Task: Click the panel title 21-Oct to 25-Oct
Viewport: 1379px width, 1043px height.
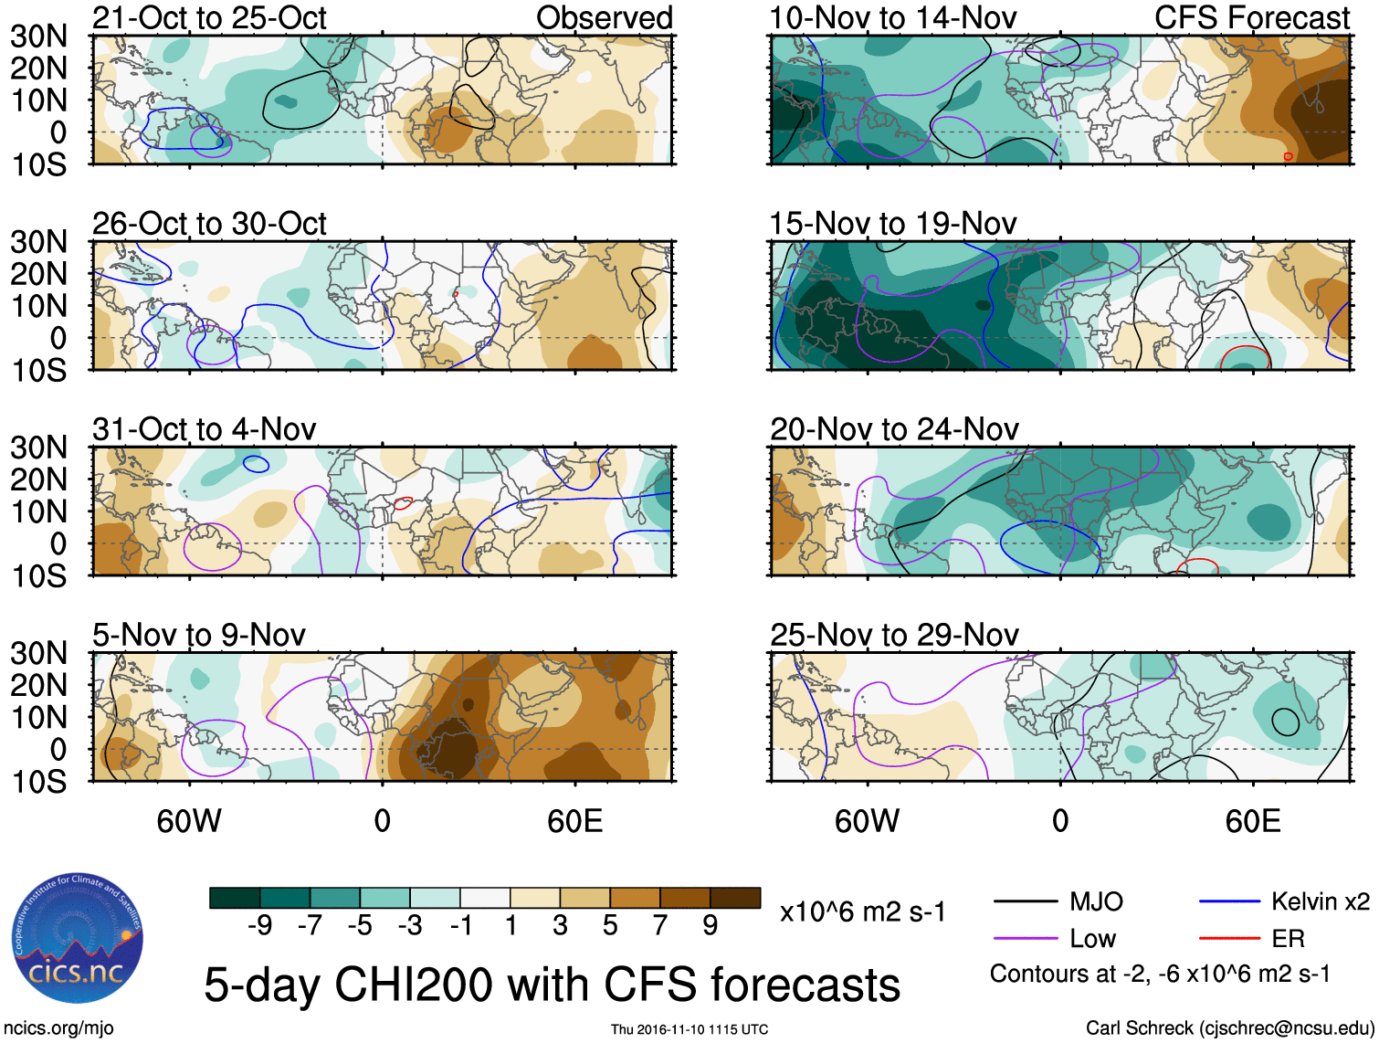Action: click(209, 18)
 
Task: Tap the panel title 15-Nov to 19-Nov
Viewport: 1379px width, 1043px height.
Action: click(892, 224)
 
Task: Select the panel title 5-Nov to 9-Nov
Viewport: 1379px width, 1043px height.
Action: click(199, 635)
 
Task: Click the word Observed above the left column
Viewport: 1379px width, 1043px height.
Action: click(604, 18)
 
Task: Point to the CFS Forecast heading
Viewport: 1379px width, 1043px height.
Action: click(1251, 18)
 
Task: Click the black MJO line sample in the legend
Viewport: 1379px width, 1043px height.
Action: click(1025, 902)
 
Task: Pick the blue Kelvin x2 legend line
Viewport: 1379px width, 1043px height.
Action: click(1229, 902)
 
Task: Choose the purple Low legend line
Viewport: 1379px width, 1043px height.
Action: click(1025, 938)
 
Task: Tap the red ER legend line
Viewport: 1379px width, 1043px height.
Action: click(1229, 938)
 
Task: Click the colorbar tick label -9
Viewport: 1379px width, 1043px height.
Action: click(259, 926)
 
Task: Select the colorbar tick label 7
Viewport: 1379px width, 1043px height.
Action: click(659, 926)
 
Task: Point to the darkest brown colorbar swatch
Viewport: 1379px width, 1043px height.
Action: click(735, 898)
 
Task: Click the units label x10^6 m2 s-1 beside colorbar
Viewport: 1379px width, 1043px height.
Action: click(862, 911)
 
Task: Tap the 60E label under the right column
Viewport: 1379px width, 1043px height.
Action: click(1252, 821)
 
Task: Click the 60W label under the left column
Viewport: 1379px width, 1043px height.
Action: click(189, 821)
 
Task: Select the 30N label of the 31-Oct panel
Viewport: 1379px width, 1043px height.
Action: click(38, 448)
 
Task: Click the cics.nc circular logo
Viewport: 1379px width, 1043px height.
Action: click(78, 939)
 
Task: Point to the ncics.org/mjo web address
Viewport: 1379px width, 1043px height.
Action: click(58, 1028)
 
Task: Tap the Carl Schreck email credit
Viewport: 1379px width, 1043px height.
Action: click(1229, 1028)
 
